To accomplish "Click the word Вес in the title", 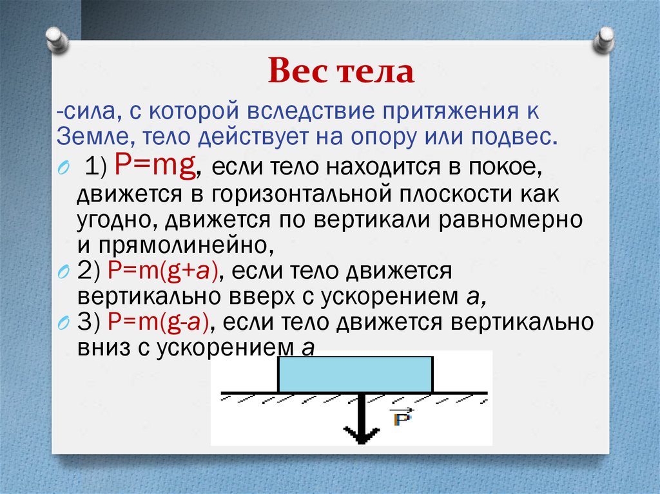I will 296,71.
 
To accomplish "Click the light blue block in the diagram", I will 355,374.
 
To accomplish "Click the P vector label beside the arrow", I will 402,418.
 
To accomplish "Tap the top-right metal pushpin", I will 605,40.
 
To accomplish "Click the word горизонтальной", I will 293,193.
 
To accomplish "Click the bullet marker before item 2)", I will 63,272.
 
